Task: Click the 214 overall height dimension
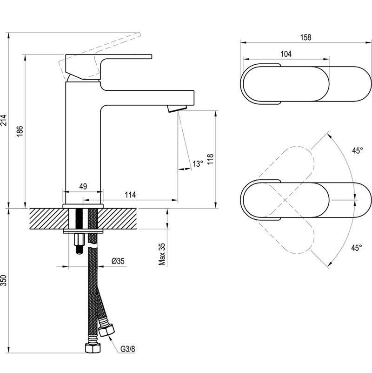tap(4, 120)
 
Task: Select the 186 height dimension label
tap(20, 131)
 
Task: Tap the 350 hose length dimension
tap(4, 280)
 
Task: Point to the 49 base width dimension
tap(83, 186)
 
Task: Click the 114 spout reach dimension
tap(130, 195)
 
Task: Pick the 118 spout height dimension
tap(211, 159)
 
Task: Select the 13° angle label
tap(198, 164)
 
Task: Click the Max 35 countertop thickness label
tap(162, 254)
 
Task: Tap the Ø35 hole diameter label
tap(118, 261)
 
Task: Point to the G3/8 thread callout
tap(127, 349)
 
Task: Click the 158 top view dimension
tap(306, 37)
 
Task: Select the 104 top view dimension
tap(286, 54)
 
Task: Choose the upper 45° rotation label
tap(358, 150)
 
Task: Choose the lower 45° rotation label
tap(357, 248)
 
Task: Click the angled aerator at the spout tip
tap(177, 109)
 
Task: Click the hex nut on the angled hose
tap(106, 330)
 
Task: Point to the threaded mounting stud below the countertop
tap(80, 244)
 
